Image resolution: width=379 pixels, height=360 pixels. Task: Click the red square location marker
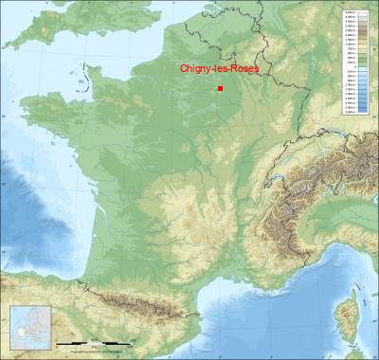220,88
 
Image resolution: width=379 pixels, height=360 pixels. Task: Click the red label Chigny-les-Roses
219,68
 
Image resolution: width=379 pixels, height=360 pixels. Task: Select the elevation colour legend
355,61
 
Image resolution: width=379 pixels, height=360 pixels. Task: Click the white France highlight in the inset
21,333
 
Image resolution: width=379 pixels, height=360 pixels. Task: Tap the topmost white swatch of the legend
355,12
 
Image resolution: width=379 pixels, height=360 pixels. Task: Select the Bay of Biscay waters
47,227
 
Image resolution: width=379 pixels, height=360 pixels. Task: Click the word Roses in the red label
244,68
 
